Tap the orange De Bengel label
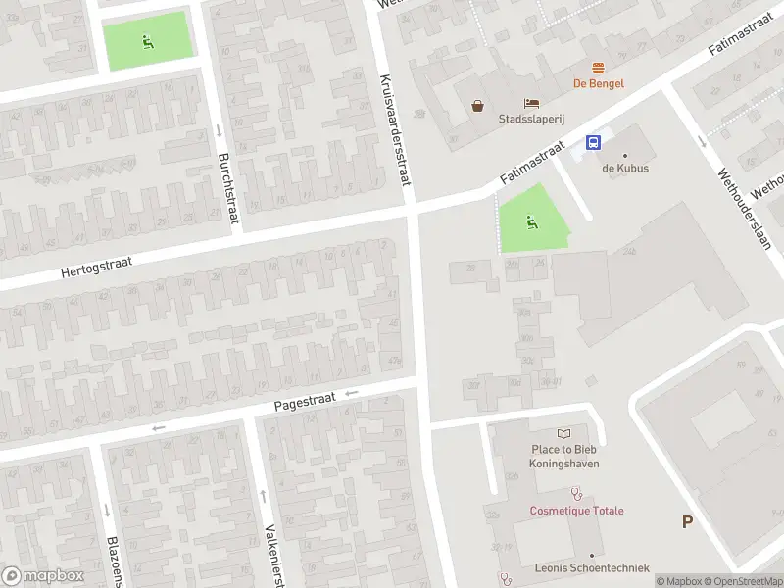598,83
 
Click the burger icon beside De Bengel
598,67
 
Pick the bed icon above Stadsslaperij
531,104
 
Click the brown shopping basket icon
477,106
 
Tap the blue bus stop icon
594,142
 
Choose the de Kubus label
624,168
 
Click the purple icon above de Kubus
624,152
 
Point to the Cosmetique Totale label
576,511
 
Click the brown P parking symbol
688,521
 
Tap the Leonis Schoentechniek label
580,567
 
